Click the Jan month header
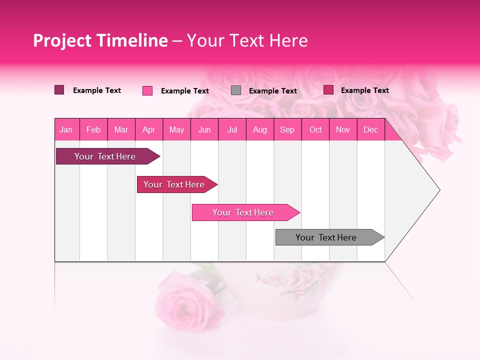click(66, 130)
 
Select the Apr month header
click(148, 130)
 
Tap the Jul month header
click(232, 130)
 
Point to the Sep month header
click(287, 130)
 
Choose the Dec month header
click(370, 130)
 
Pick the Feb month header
click(93, 130)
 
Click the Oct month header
click(315, 130)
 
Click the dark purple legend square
click(59, 90)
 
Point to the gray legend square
click(236, 90)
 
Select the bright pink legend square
click(147, 90)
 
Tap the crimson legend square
click(328, 90)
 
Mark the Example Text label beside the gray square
click(273, 91)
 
